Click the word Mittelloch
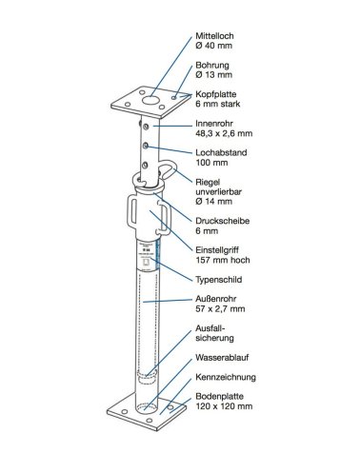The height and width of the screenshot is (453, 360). (x=214, y=36)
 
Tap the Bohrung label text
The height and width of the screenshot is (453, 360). (x=212, y=65)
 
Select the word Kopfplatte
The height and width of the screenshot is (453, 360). (x=216, y=94)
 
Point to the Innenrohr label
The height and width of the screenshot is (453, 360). (x=214, y=124)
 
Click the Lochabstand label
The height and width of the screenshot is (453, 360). (x=221, y=152)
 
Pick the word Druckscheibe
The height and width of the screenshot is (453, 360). (x=222, y=221)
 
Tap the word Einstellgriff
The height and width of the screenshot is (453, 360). (x=217, y=250)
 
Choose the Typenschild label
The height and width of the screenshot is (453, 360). (x=218, y=280)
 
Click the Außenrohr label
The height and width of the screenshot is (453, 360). (x=216, y=299)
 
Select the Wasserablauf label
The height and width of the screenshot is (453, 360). (x=222, y=358)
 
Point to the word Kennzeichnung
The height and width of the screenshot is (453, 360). (x=226, y=377)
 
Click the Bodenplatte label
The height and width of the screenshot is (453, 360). (x=219, y=396)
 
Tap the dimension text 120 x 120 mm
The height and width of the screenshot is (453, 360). (x=224, y=406)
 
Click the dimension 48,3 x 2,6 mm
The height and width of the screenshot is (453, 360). (x=224, y=133)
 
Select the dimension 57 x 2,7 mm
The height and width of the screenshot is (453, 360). (x=220, y=308)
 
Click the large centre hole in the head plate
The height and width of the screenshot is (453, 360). (x=150, y=101)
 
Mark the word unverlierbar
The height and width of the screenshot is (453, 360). (x=218, y=191)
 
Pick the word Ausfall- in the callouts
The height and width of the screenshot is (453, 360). (x=208, y=328)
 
